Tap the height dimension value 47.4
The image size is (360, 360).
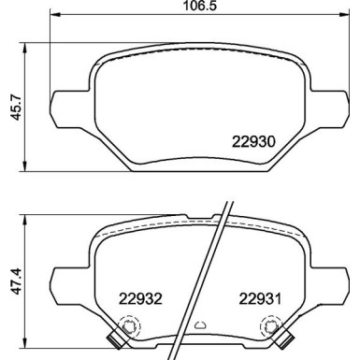[x=12, y=282]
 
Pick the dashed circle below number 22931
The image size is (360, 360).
[x=271, y=327]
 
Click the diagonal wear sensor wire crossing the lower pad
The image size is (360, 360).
[x=210, y=271]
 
